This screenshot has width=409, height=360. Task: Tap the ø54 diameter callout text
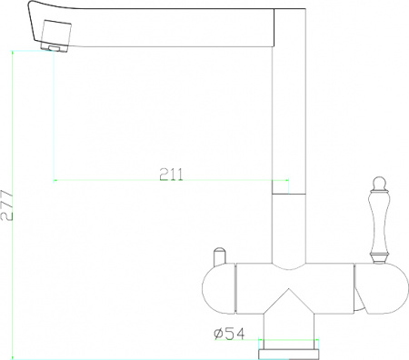coord(229,335)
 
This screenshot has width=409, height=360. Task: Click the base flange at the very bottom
coord(289,346)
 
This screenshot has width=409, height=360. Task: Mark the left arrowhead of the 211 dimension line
coord(56,180)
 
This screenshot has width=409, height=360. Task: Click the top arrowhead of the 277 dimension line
coord(13,53)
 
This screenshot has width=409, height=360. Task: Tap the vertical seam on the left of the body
coord(237,287)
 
